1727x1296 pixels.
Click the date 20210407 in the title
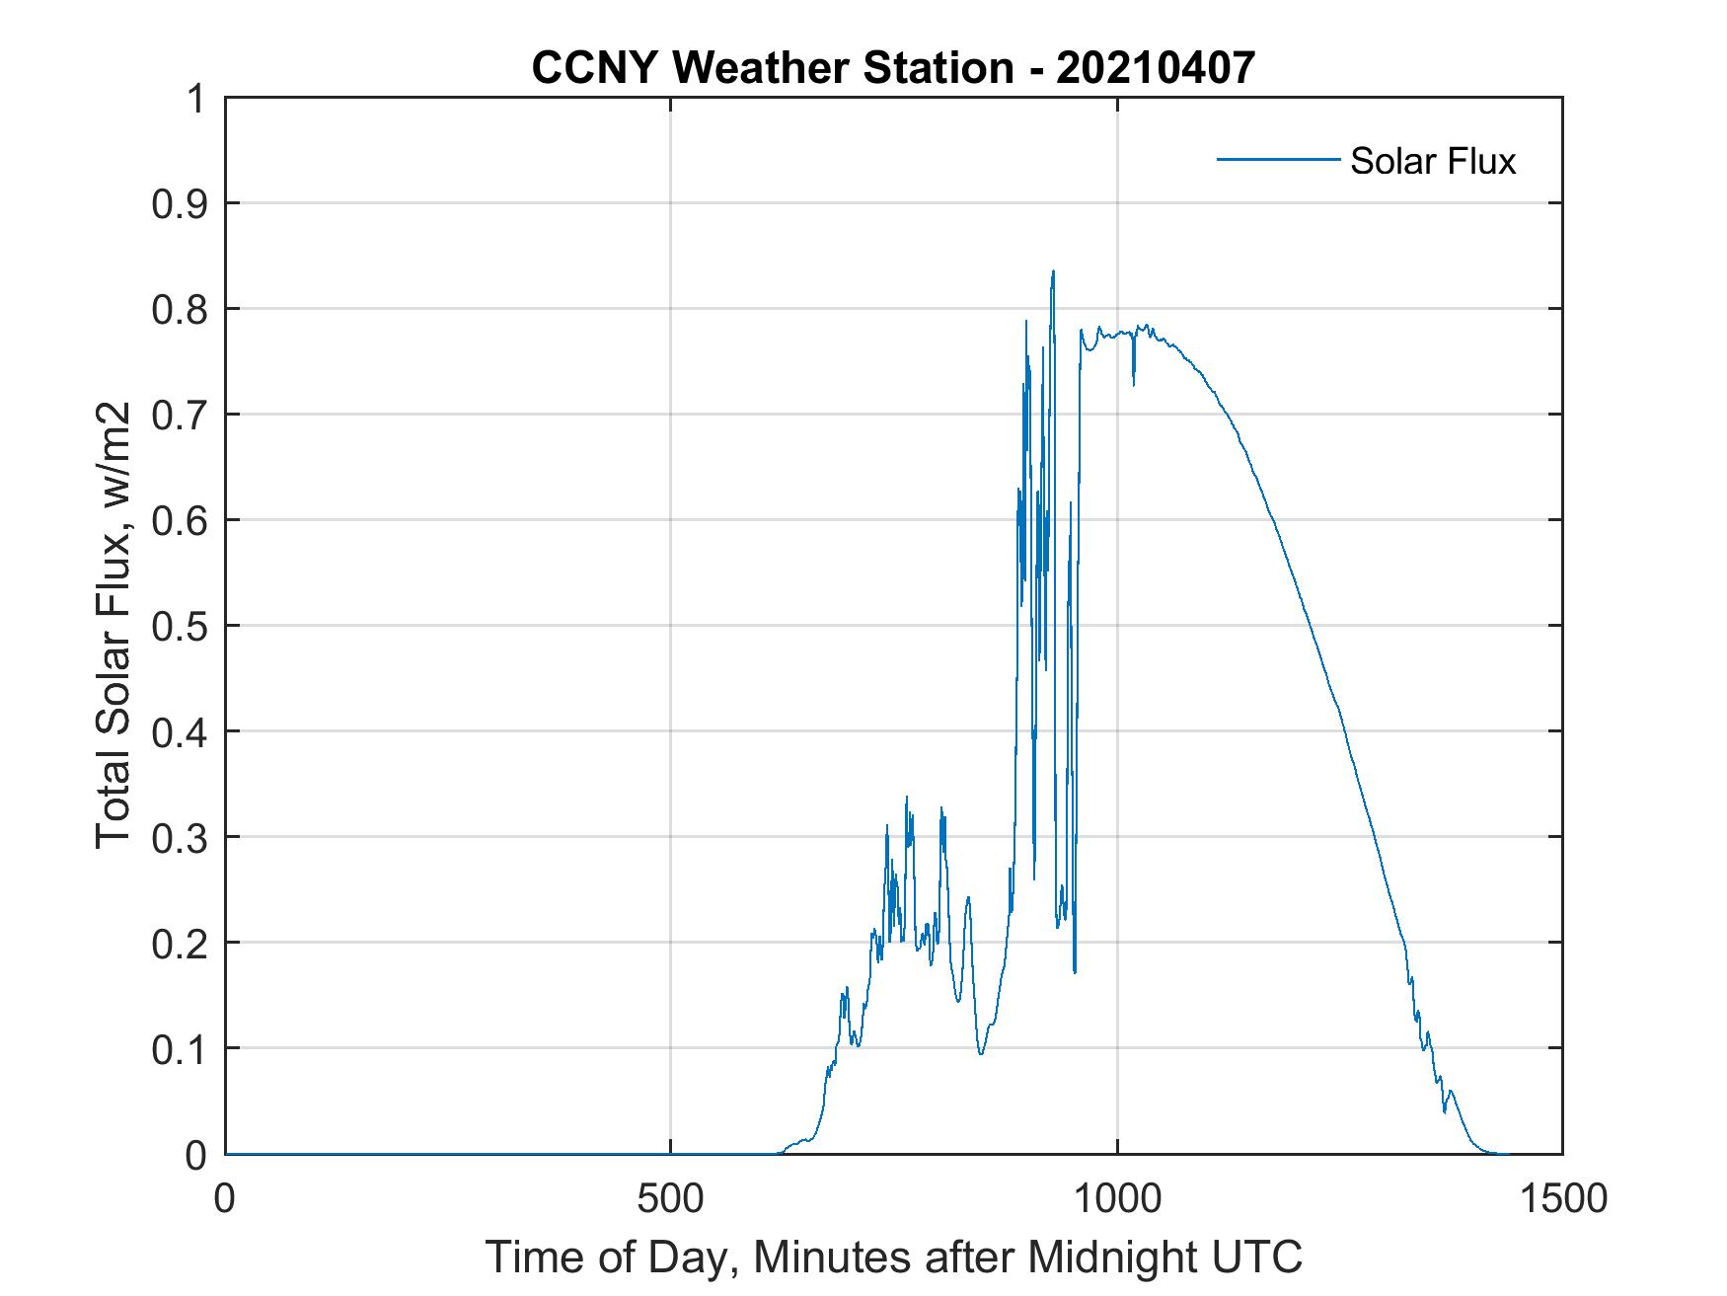[1156, 68]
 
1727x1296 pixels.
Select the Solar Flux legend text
[1432, 161]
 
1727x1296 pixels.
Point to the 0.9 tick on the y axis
[182, 204]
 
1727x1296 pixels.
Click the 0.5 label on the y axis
[182, 626]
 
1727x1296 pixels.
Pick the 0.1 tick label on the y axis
[182, 1049]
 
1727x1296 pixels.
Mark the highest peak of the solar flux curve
[1053, 271]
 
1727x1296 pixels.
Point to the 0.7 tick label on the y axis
[182, 415]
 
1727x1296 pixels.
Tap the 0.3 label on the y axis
[182, 837]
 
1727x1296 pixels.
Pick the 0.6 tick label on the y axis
[182, 520]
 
